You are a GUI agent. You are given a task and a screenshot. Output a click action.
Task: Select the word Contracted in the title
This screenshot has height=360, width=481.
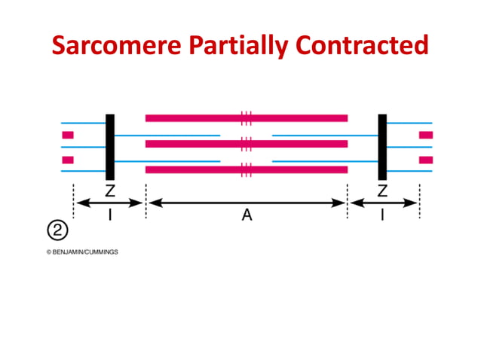[x=362, y=46]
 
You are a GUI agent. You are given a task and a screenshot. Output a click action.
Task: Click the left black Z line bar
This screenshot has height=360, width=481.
[x=110, y=147]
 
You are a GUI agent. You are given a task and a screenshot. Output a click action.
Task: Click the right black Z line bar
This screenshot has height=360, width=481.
[x=382, y=147]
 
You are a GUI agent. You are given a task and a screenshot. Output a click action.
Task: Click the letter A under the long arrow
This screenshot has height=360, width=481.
[x=247, y=216]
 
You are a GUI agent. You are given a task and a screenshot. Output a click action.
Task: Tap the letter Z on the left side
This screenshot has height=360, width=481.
[x=109, y=191]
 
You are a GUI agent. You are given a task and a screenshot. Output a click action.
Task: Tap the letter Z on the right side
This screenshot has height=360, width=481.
[x=383, y=191]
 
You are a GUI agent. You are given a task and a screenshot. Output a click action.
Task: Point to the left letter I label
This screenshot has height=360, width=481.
[x=110, y=216]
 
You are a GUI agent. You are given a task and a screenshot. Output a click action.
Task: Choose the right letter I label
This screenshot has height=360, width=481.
[x=383, y=216]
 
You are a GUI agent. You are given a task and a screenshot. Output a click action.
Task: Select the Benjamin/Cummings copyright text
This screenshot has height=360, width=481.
[x=82, y=252]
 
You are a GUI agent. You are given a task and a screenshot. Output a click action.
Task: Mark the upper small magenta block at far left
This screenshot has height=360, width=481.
[x=68, y=135]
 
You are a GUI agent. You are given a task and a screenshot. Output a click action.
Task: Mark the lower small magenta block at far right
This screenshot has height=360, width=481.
[x=426, y=160]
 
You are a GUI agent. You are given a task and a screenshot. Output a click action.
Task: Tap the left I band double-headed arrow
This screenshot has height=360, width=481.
[x=110, y=203]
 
